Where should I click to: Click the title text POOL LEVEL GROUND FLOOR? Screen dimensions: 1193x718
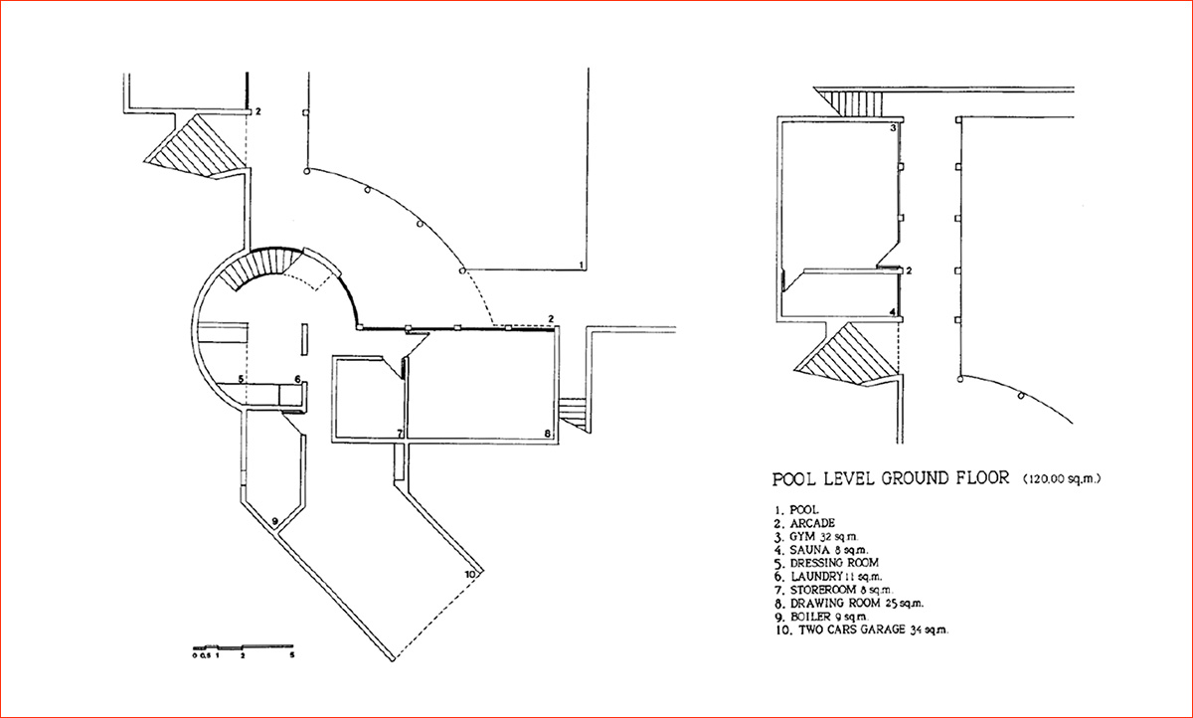891,477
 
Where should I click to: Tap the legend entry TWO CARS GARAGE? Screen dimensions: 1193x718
862,629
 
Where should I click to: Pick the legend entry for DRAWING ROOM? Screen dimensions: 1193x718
849,603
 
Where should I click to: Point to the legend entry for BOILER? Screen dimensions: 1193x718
821,617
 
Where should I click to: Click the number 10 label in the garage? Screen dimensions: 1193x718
469,574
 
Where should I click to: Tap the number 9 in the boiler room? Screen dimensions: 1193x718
274,520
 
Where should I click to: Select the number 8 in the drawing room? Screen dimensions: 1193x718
548,434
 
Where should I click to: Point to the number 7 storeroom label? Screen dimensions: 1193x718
400,434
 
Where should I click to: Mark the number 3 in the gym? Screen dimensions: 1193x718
893,128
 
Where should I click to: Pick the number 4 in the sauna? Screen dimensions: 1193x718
893,312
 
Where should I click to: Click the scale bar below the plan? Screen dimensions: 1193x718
243,647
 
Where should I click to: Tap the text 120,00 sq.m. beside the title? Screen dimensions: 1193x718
1062,479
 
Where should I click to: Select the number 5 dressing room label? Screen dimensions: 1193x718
241,379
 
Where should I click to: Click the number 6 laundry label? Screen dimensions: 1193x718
297,379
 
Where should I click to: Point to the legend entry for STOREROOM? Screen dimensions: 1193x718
834,590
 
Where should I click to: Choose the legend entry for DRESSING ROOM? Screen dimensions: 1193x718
826,563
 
